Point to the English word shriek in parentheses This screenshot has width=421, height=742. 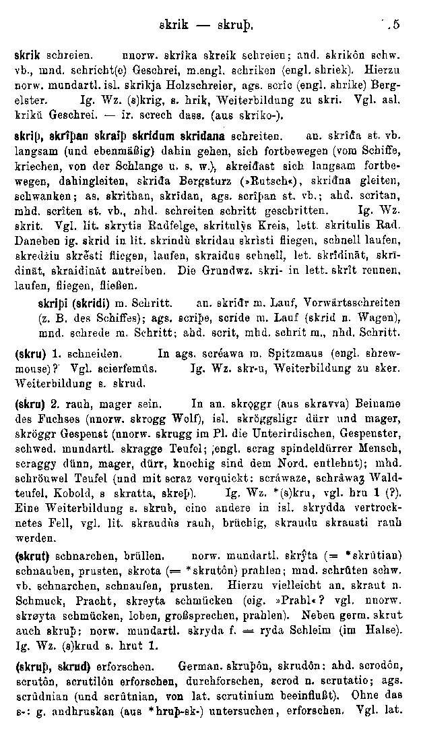(x=329, y=69)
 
